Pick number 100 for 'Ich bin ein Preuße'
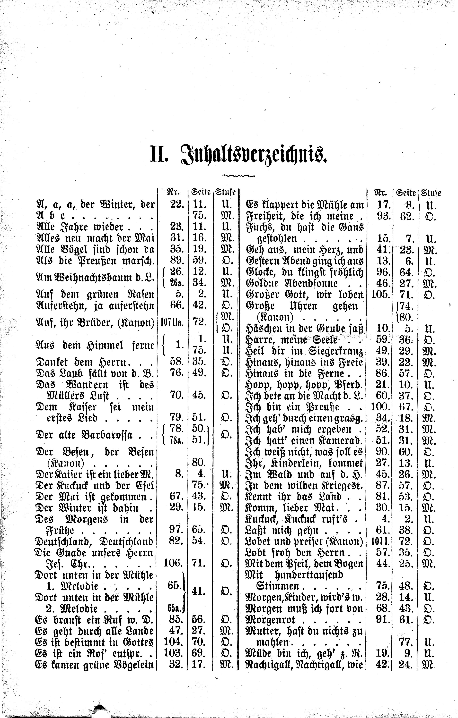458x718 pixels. pyautogui.click(x=380, y=407)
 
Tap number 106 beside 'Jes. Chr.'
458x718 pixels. pyautogui.click(x=173, y=563)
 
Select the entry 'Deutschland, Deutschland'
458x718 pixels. pyautogui.click(x=94, y=541)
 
